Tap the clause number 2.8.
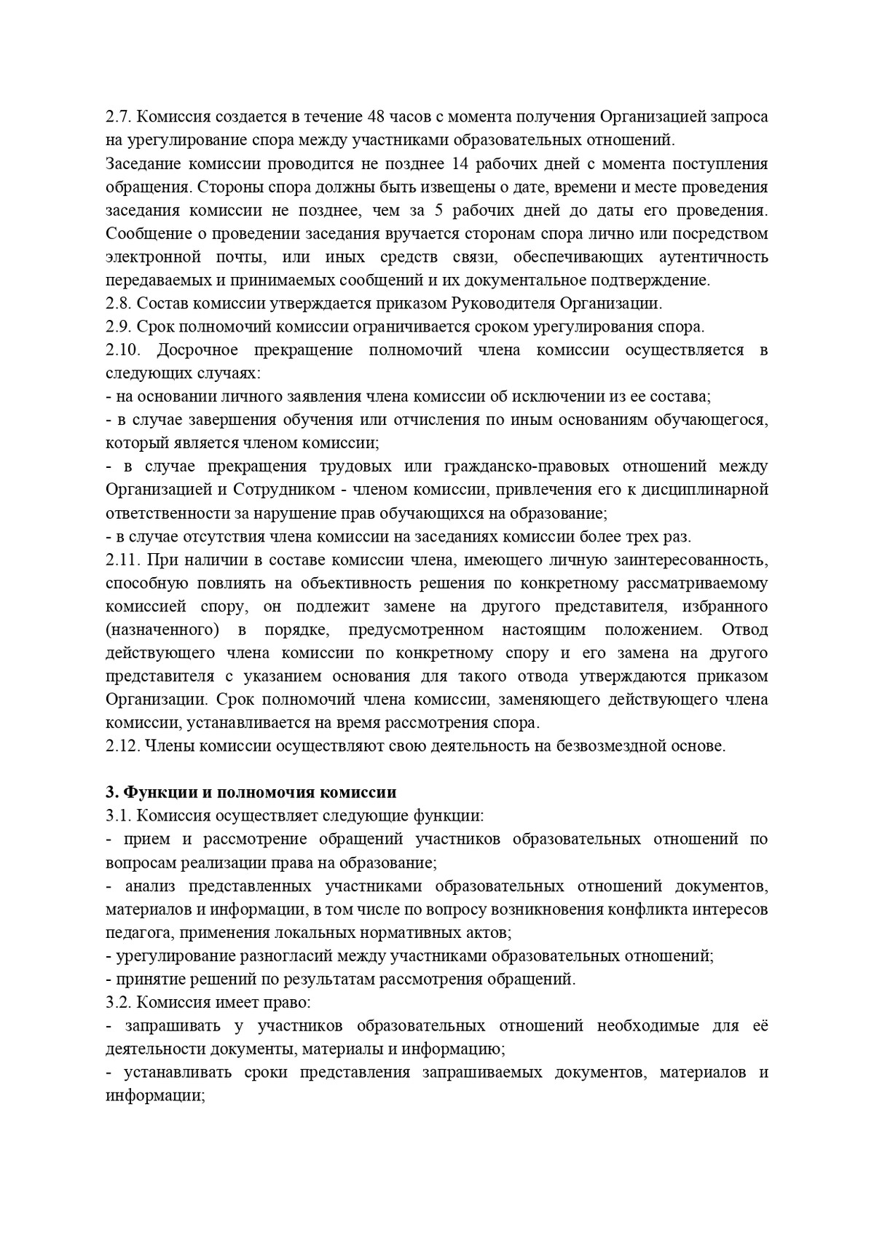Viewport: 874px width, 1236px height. coord(117,304)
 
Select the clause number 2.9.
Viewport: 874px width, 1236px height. coord(117,327)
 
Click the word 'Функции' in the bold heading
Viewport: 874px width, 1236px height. coord(153,794)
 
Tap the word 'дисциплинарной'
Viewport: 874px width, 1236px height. coord(709,490)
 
